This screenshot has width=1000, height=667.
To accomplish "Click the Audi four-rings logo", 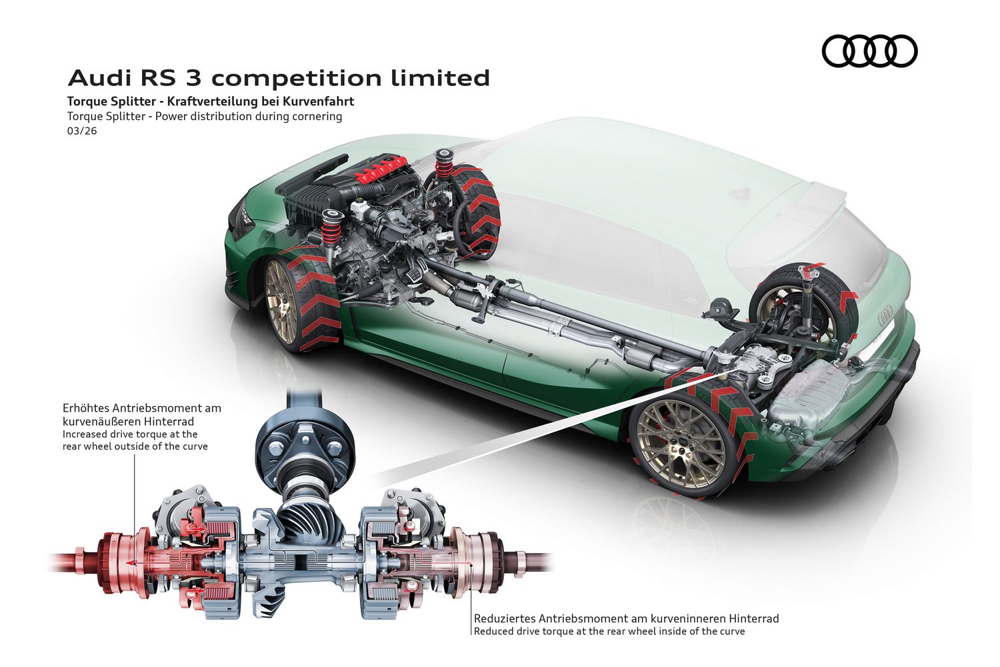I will (x=869, y=51).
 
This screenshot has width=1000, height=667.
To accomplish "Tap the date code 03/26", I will (x=82, y=131).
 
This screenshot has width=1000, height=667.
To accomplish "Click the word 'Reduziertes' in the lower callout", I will (x=504, y=618).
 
